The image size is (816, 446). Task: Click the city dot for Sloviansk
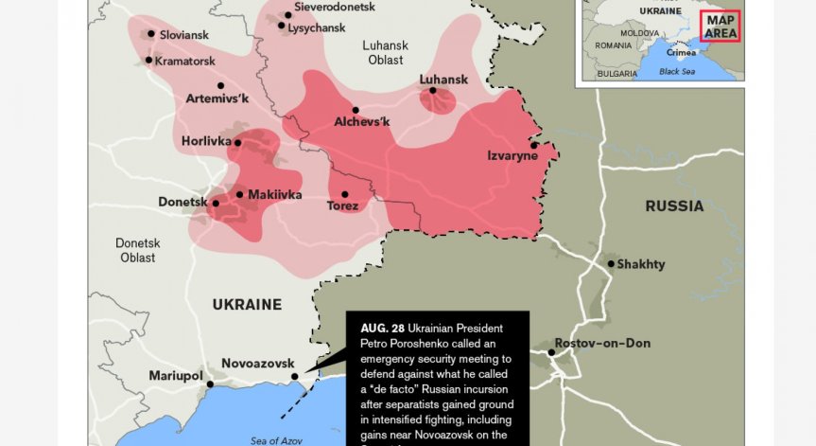click(150, 34)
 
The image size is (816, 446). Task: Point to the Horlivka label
click(206, 142)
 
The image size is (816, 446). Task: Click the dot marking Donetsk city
click(216, 203)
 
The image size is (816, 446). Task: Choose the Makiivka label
click(274, 194)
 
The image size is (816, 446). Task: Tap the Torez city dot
click(344, 194)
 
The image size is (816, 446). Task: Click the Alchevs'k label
click(362, 121)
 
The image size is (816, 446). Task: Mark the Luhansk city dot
click(433, 91)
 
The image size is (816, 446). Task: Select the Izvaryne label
click(512, 155)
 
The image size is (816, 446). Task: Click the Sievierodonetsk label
click(335, 7)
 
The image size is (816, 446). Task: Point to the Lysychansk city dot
click(282, 26)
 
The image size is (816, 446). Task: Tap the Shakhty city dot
click(611, 263)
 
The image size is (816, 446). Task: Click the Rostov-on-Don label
click(602, 343)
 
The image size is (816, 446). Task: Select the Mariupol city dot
click(210, 384)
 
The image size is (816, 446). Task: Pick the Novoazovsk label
click(258, 364)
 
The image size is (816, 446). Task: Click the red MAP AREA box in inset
click(720, 26)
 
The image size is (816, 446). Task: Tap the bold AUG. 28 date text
click(375, 328)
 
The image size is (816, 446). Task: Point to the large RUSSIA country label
click(674, 205)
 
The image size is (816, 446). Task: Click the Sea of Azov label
click(277, 439)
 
